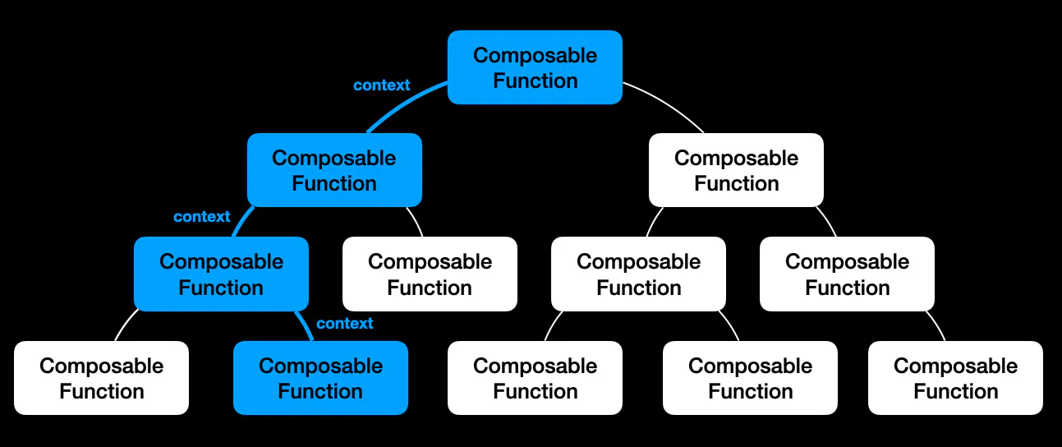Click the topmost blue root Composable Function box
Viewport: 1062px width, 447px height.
coord(535,67)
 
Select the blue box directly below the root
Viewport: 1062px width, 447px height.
coord(334,170)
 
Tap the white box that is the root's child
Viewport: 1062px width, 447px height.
coord(736,170)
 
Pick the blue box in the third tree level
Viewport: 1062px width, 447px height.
coord(221,274)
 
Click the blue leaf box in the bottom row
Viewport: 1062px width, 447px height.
coord(320,378)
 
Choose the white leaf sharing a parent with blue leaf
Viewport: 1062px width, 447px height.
coord(101,378)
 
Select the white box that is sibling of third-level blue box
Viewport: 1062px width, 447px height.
coord(430,274)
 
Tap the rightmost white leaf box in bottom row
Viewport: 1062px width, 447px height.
coord(955,378)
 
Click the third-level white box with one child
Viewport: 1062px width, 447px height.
coord(847,274)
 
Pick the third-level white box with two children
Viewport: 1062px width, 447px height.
coord(638,274)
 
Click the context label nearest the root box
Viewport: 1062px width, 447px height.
coord(381,85)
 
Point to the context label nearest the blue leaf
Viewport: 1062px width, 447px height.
coord(344,323)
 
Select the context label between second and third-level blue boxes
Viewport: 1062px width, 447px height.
coord(201,216)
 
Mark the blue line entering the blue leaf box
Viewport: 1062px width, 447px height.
coord(306,325)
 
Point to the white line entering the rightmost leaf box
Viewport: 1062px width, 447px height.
coord(937,325)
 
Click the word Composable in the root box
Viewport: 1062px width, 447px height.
coord(535,55)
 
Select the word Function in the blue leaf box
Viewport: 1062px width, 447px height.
coord(320,391)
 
